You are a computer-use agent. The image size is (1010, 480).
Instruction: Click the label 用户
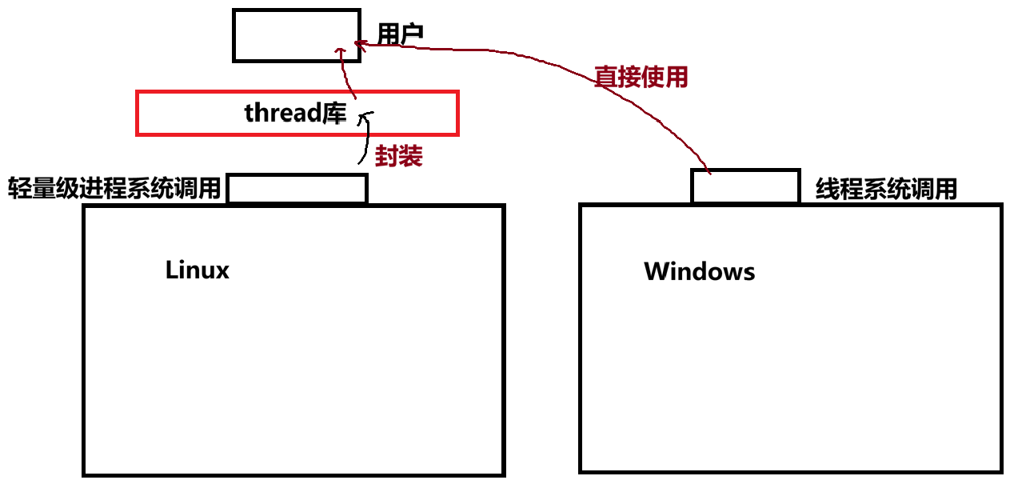pyautogui.click(x=400, y=34)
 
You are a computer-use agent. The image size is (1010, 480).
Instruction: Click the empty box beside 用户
pyautogui.click(x=296, y=35)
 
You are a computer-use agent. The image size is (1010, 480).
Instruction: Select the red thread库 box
pyautogui.click(x=297, y=113)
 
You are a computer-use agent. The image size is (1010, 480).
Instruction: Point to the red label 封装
pyautogui.click(x=398, y=156)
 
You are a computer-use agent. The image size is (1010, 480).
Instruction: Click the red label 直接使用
pyautogui.click(x=641, y=77)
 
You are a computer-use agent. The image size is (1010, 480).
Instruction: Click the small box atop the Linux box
pyautogui.click(x=297, y=189)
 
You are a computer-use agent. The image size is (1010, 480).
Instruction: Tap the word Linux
pyautogui.click(x=197, y=270)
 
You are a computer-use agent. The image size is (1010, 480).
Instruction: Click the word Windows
pyautogui.click(x=699, y=271)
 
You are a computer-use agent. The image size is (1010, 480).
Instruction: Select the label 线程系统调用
pyautogui.click(x=886, y=190)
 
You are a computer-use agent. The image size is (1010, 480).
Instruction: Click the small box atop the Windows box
pyautogui.click(x=745, y=186)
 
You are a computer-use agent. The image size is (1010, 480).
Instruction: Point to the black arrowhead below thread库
pyautogui.click(x=366, y=118)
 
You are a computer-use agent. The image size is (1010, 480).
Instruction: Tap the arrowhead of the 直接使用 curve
pyautogui.click(x=359, y=45)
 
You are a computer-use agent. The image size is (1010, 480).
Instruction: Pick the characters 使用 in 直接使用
pyautogui.click(x=665, y=77)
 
